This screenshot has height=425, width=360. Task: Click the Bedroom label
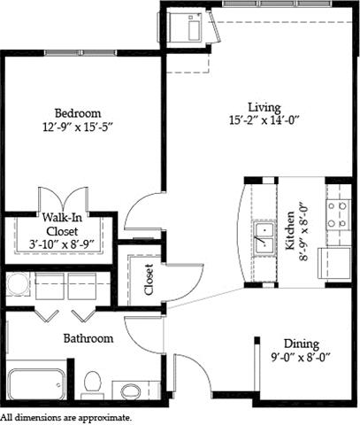[x=78, y=113]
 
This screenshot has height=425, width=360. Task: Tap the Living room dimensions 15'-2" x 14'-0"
[x=264, y=120]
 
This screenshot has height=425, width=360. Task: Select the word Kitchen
[x=290, y=230]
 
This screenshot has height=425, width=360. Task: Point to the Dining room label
[x=302, y=344]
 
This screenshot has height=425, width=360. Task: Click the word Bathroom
[x=88, y=338]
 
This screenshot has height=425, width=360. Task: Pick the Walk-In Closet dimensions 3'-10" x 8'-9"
[x=62, y=244]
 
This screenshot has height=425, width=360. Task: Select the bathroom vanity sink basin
[x=131, y=390]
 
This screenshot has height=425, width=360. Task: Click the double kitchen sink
[x=264, y=238]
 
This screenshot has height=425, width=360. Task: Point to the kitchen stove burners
[x=338, y=214]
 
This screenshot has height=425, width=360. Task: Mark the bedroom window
[x=80, y=53]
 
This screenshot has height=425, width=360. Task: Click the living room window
[x=277, y=4]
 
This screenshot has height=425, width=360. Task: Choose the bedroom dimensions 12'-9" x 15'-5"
[x=78, y=127]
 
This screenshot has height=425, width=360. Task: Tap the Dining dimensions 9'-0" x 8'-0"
[x=300, y=358]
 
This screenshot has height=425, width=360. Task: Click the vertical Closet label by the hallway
[x=149, y=280]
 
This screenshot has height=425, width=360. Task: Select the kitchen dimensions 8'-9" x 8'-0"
[x=303, y=231]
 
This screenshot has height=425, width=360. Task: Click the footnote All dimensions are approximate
[x=65, y=418]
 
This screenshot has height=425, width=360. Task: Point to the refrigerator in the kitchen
[x=334, y=263]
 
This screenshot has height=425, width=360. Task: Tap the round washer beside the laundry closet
[x=18, y=284]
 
